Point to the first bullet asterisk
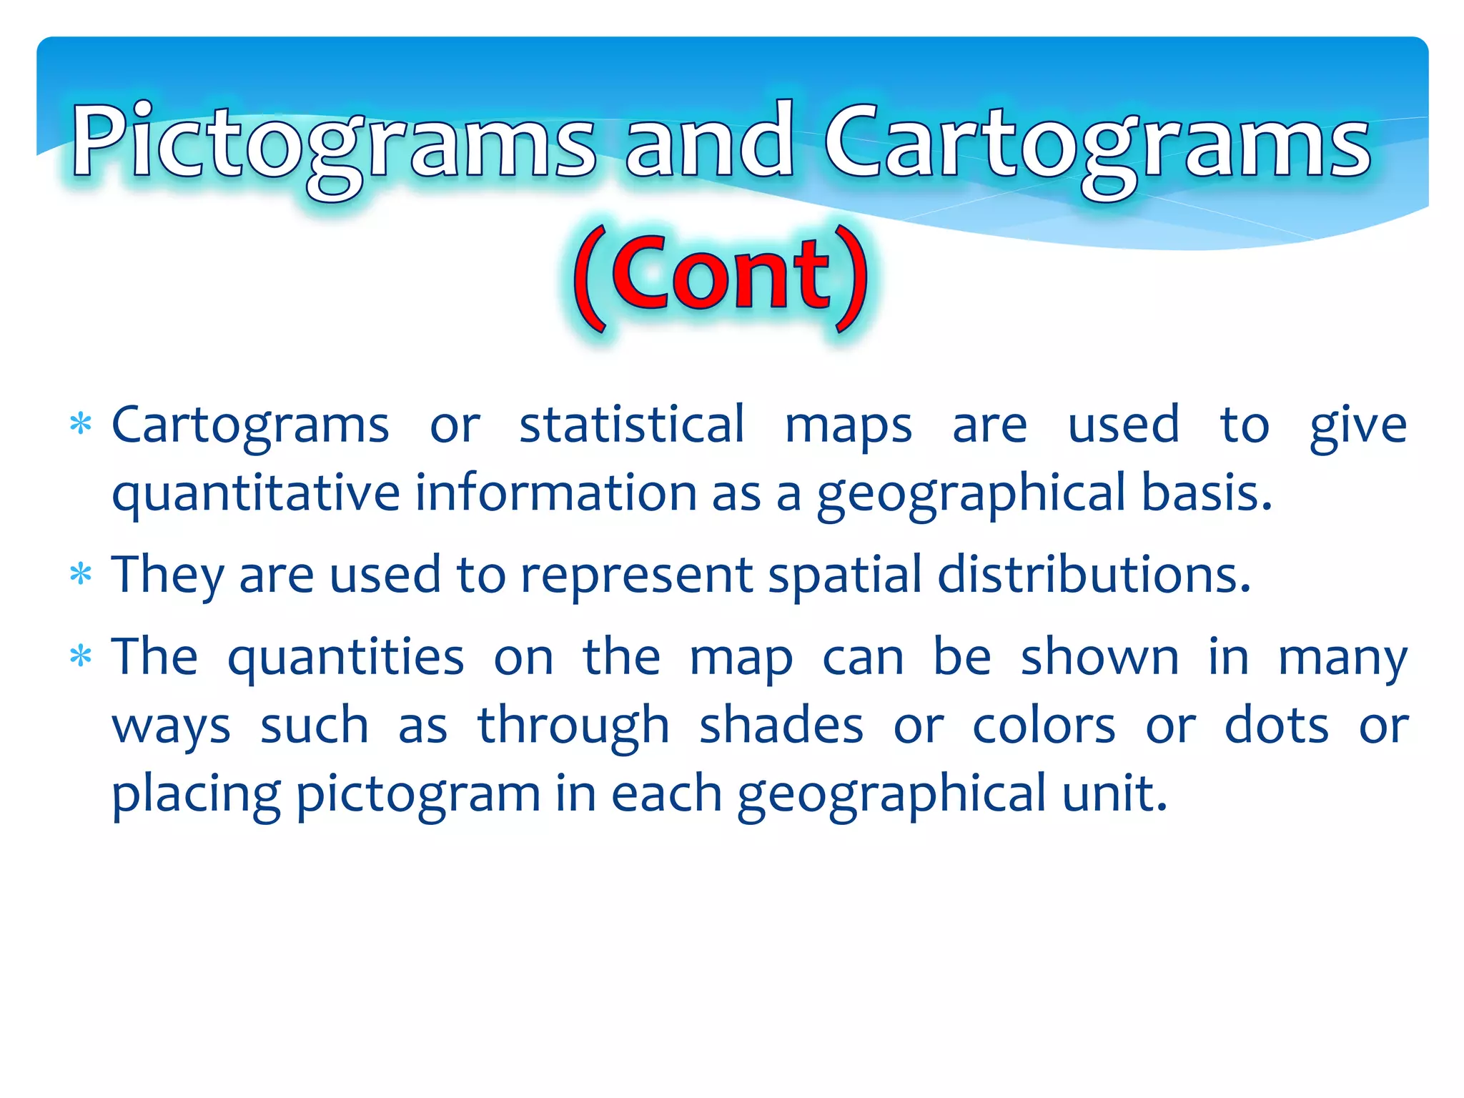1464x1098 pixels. click(x=81, y=425)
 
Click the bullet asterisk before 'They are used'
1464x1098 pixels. click(x=81, y=574)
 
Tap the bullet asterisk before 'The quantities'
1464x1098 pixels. click(x=81, y=656)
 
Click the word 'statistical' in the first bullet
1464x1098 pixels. click(x=632, y=425)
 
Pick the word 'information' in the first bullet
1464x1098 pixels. click(x=555, y=493)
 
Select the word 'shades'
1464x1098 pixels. click(x=781, y=725)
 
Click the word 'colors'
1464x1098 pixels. click(x=1044, y=725)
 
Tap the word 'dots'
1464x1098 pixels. click(x=1277, y=725)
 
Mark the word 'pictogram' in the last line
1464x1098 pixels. click(x=418, y=793)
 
